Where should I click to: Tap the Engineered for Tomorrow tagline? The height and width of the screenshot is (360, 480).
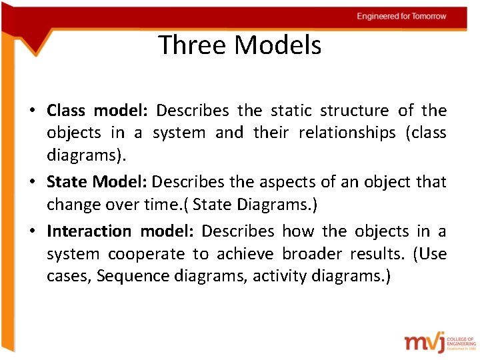click(401, 16)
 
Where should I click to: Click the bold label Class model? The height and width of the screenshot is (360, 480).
click(99, 110)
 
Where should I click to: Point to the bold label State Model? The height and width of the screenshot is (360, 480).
click(98, 182)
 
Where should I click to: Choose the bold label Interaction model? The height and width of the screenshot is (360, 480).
click(120, 231)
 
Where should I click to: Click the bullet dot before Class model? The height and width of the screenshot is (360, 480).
click(33, 111)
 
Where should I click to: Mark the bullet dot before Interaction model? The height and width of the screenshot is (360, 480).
click(33, 232)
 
